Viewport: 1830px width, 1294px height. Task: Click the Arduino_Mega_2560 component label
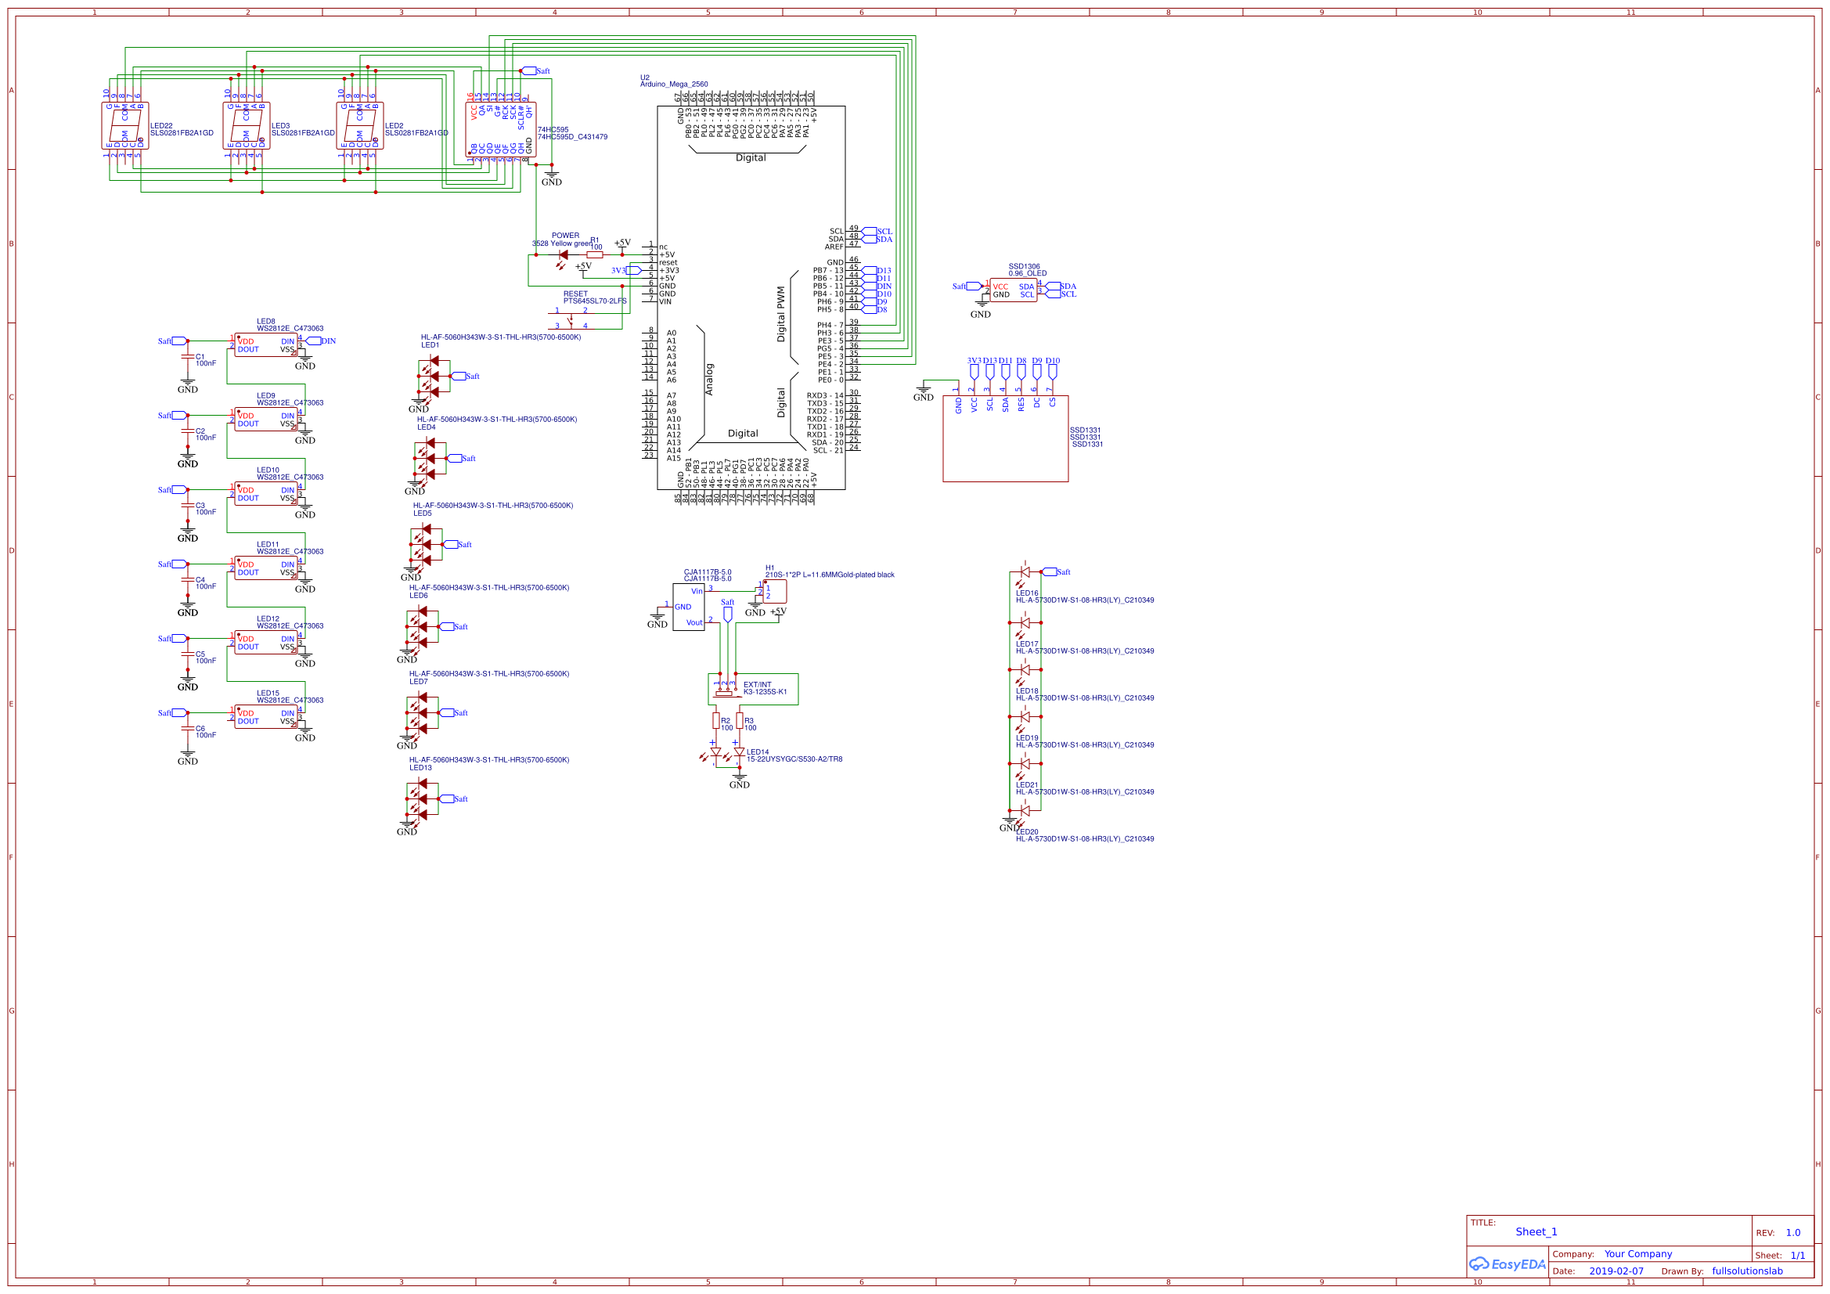673,84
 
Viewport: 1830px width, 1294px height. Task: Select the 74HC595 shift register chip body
500,129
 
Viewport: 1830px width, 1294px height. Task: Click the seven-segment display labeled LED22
125,125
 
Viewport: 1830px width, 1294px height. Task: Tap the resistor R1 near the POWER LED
595,255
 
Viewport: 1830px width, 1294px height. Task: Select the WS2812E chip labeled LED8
265,345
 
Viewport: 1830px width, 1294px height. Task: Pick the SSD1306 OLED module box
1013,290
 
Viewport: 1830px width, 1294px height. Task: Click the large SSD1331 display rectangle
1005,446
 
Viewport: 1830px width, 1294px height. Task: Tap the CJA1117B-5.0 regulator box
688,607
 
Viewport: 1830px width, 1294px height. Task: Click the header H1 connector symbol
773,592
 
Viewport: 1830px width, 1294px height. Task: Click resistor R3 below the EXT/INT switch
739,721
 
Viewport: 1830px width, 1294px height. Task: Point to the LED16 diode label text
1027,593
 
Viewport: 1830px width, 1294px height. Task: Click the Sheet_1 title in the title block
1536,1232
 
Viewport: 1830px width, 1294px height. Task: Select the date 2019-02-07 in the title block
1616,1271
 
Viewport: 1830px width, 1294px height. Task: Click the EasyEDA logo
1507,1264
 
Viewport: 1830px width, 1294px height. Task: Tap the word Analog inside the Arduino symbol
709,380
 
